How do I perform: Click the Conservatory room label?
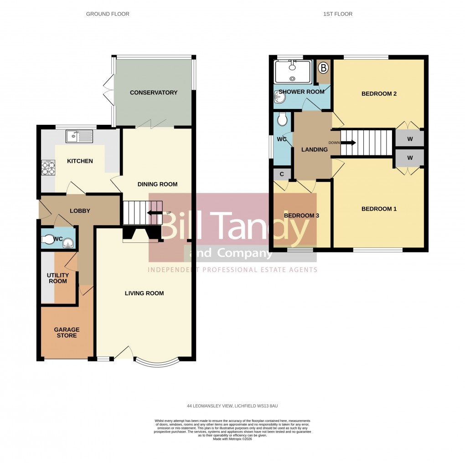pos(153,93)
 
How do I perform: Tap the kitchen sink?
pos(79,136)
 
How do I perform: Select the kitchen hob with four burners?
pos(48,168)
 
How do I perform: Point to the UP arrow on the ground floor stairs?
pos(155,213)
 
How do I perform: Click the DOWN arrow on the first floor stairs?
pos(350,142)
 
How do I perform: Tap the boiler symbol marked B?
pos(324,69)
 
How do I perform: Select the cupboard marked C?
pos(282,174)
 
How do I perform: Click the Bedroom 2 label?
pos(379,94)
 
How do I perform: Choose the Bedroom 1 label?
pos(379,209)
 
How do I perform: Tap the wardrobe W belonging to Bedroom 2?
pos(410,139)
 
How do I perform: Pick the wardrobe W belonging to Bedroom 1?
pos(410,158)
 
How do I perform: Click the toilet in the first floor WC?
pos(282,119)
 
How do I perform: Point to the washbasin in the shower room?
pos(279,96)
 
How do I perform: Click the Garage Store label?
pos(67,332)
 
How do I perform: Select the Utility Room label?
pos(58,278)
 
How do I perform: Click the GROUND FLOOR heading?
pos(108,14)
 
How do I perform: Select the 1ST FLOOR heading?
pos(338,14)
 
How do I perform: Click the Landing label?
pos(315,149)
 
